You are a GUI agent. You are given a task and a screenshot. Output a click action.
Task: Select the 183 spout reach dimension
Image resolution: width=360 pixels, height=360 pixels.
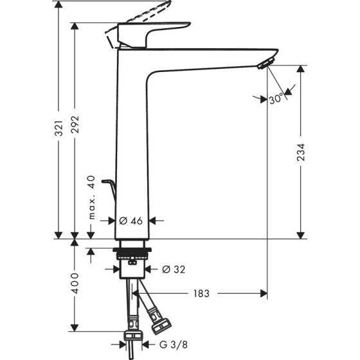(201, 294)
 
